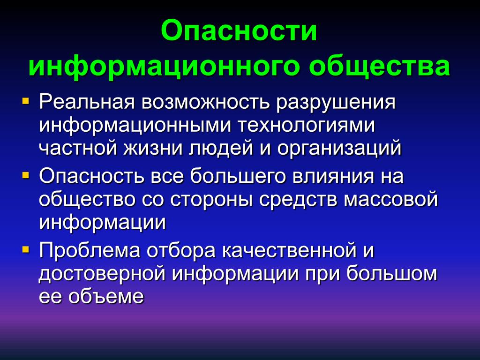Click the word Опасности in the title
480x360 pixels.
tap(239, 30)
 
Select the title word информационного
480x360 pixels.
tap(164, 67)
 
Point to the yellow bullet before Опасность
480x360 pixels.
tap(26, 175)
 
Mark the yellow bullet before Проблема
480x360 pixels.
tap(26, 250)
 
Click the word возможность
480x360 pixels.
tap(206, 102)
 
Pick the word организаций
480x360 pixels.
tap(339, 148)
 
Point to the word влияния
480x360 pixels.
tap(333, 176)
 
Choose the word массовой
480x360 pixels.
tap(390, 199)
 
